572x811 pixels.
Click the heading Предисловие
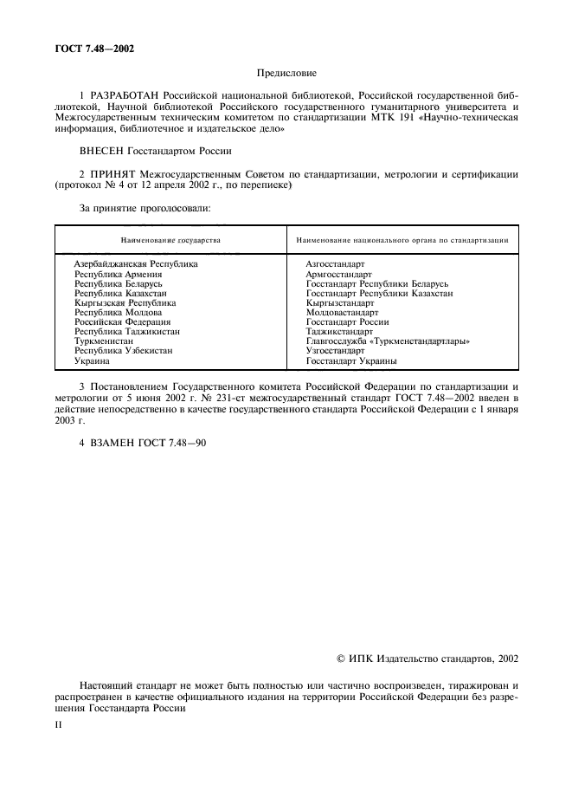(x=285, y=75)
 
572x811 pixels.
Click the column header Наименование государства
(x=170, y=239)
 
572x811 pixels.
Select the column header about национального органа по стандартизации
(x=402, y=239)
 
